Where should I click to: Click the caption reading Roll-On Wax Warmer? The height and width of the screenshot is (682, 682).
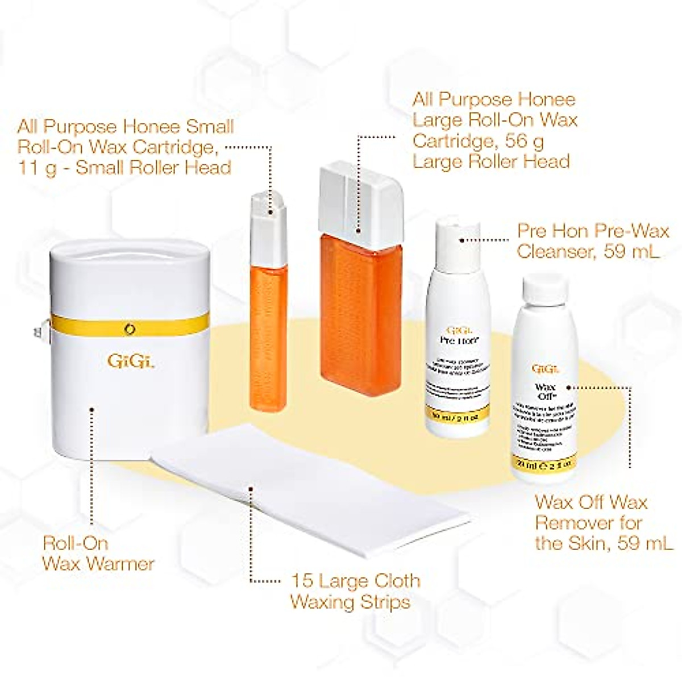(x=98, y=553)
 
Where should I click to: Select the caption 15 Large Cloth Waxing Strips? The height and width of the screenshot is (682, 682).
(x=355, y=591)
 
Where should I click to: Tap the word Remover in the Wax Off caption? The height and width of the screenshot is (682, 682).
(x=588, y=522)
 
